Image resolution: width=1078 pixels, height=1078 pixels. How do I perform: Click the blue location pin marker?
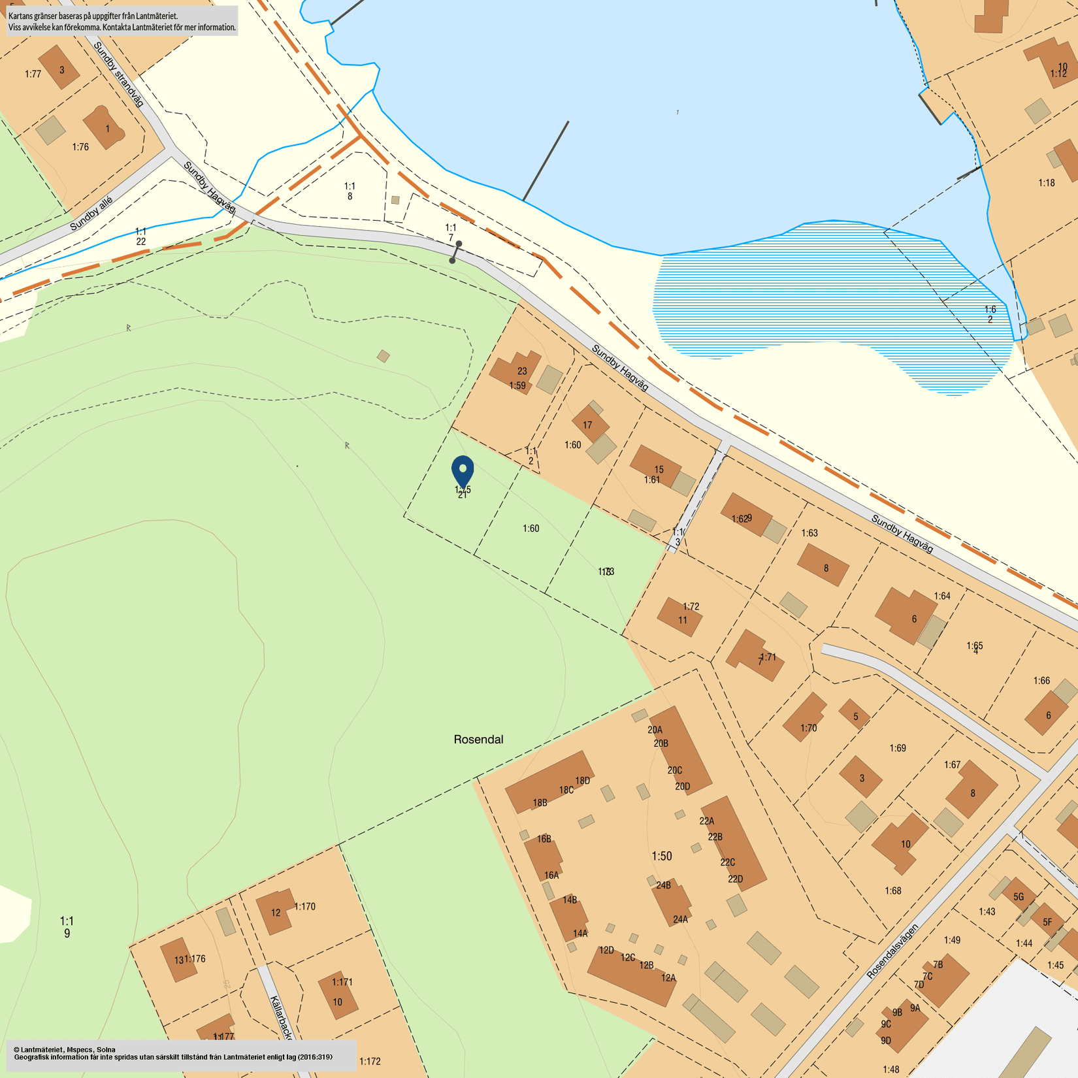pyautogui.click(x=463, y=470)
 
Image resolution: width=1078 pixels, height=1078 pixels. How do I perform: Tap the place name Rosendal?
pyautogui.click(x=478, y=740)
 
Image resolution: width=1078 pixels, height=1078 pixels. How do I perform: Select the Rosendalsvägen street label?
pyautogui.click(x=892, y=951)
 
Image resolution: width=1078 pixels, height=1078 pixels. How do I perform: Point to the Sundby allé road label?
pyautogui.click(x=91, y=214)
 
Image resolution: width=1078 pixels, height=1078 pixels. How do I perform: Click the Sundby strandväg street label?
pyautogui.click(x=118, y=74)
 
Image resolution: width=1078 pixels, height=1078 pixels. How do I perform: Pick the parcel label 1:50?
pyautogui.click(x=661, y=856)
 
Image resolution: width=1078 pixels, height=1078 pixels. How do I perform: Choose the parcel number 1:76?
pyautogui.click(x=80, y=147)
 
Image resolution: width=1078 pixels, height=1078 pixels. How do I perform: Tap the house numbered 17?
pyautogui.click(x=589, y=425)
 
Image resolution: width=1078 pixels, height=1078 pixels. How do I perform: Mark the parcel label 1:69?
pyautogui.click(x=898, y=748)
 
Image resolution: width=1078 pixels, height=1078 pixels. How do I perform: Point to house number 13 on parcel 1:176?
pyautogui.click(x=178, y=960)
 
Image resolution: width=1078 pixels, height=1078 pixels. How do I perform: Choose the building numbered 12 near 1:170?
pyautogui.click(x=274, y=911)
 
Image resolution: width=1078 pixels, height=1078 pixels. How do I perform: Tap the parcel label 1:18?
pyautogui.click(x=1047, y=183)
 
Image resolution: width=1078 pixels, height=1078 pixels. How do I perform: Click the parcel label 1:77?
pyautogui.click(x=33, y=74)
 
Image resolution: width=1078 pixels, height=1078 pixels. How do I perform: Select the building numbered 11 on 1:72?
pyautogui.click(x=680, y=617)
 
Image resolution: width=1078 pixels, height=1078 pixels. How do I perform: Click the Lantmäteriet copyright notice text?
pyautogui.click(x=173, y=1053)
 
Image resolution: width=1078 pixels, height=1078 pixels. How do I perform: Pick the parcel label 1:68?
pyautogui.click(x=893, y=890)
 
